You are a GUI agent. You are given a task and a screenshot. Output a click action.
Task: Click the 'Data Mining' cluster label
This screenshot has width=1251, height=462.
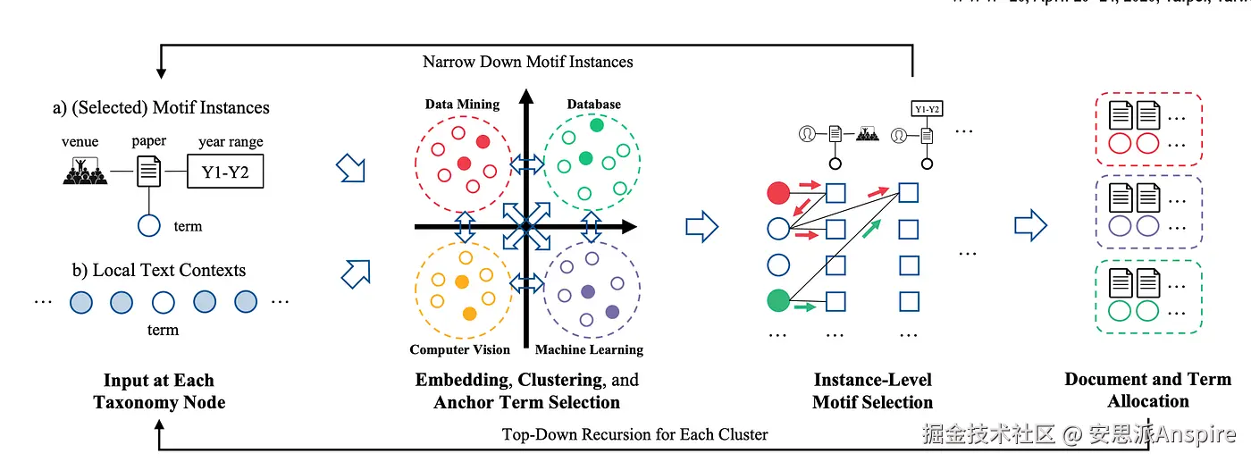pos(462,105)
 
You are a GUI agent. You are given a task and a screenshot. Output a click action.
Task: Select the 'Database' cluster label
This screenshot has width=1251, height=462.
pos(593,105)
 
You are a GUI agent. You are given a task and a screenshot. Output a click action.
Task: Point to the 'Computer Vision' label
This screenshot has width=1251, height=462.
pos(459,349)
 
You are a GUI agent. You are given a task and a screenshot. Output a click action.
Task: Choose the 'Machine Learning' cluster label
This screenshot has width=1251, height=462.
pos(589,349)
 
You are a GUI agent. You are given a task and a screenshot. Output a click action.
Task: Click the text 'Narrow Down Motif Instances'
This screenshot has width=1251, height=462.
pos(527,62)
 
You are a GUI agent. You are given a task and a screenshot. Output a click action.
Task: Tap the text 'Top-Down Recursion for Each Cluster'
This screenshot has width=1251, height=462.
pos(634,434)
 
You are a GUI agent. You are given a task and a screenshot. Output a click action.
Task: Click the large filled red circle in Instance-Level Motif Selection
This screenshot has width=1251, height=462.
pos(778,192)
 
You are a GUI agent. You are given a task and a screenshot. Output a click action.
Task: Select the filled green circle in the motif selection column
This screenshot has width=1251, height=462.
pos(778,301)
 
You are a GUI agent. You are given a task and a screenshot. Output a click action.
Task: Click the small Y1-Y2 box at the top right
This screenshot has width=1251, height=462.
pos(927,109)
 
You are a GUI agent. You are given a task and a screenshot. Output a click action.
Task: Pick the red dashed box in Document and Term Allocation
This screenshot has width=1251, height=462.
pos(1148,128)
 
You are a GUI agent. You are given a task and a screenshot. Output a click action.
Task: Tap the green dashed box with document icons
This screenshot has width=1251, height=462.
pos(1148,296)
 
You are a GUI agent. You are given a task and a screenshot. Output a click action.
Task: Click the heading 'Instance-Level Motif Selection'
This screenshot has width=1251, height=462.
pos(872,391)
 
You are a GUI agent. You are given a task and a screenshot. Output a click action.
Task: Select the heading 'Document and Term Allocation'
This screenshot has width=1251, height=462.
pos(1148,390)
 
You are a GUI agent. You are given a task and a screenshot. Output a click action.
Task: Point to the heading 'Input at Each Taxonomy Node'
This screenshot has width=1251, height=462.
pos(159,391)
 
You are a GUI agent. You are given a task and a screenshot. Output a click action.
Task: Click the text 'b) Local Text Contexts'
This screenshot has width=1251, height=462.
pos(158,270)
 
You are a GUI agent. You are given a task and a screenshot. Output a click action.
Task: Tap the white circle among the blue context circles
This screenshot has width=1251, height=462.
pos(163,302)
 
